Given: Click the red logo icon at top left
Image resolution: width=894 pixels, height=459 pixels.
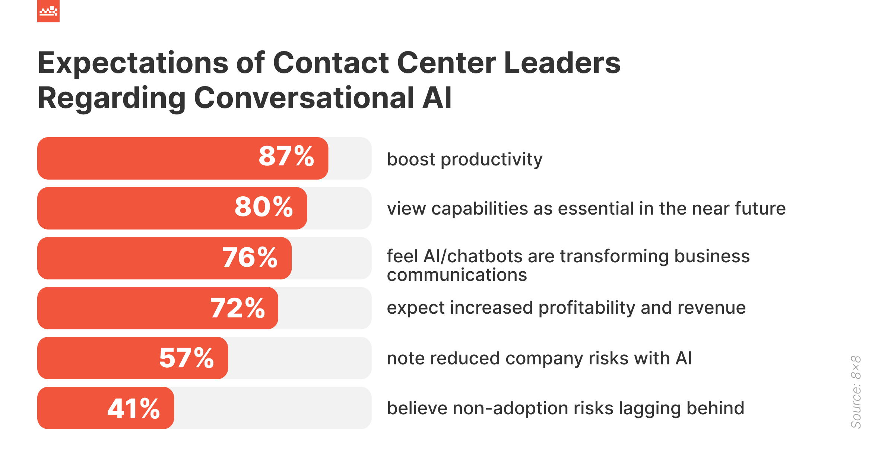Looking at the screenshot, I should click(x=48, y=11).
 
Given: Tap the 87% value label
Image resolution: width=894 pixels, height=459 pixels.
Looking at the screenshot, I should click(x=286, y=156).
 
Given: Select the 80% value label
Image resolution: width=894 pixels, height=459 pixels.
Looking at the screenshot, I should click(x=264, y=207).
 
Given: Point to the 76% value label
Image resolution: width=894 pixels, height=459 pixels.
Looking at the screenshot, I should click(x=250, y=258).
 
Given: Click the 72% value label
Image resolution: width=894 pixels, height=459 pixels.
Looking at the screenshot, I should click(x=238, y=308).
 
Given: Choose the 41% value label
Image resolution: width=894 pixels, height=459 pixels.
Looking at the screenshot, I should click(x=134, y=409).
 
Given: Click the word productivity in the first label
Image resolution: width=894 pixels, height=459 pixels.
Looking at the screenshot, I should click(x=491, y=160).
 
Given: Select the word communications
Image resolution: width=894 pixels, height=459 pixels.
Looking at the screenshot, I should click(x=457, y=275).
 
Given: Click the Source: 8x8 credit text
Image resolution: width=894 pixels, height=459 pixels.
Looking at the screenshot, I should click(x=856, y=392).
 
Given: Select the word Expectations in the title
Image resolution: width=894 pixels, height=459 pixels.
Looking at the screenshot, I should click(x=133, y=63).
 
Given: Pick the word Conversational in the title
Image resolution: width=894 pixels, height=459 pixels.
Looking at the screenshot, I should click(x=304, y=98).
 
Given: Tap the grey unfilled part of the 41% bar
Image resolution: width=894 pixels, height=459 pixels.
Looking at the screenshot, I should click(x=272, y=408).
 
